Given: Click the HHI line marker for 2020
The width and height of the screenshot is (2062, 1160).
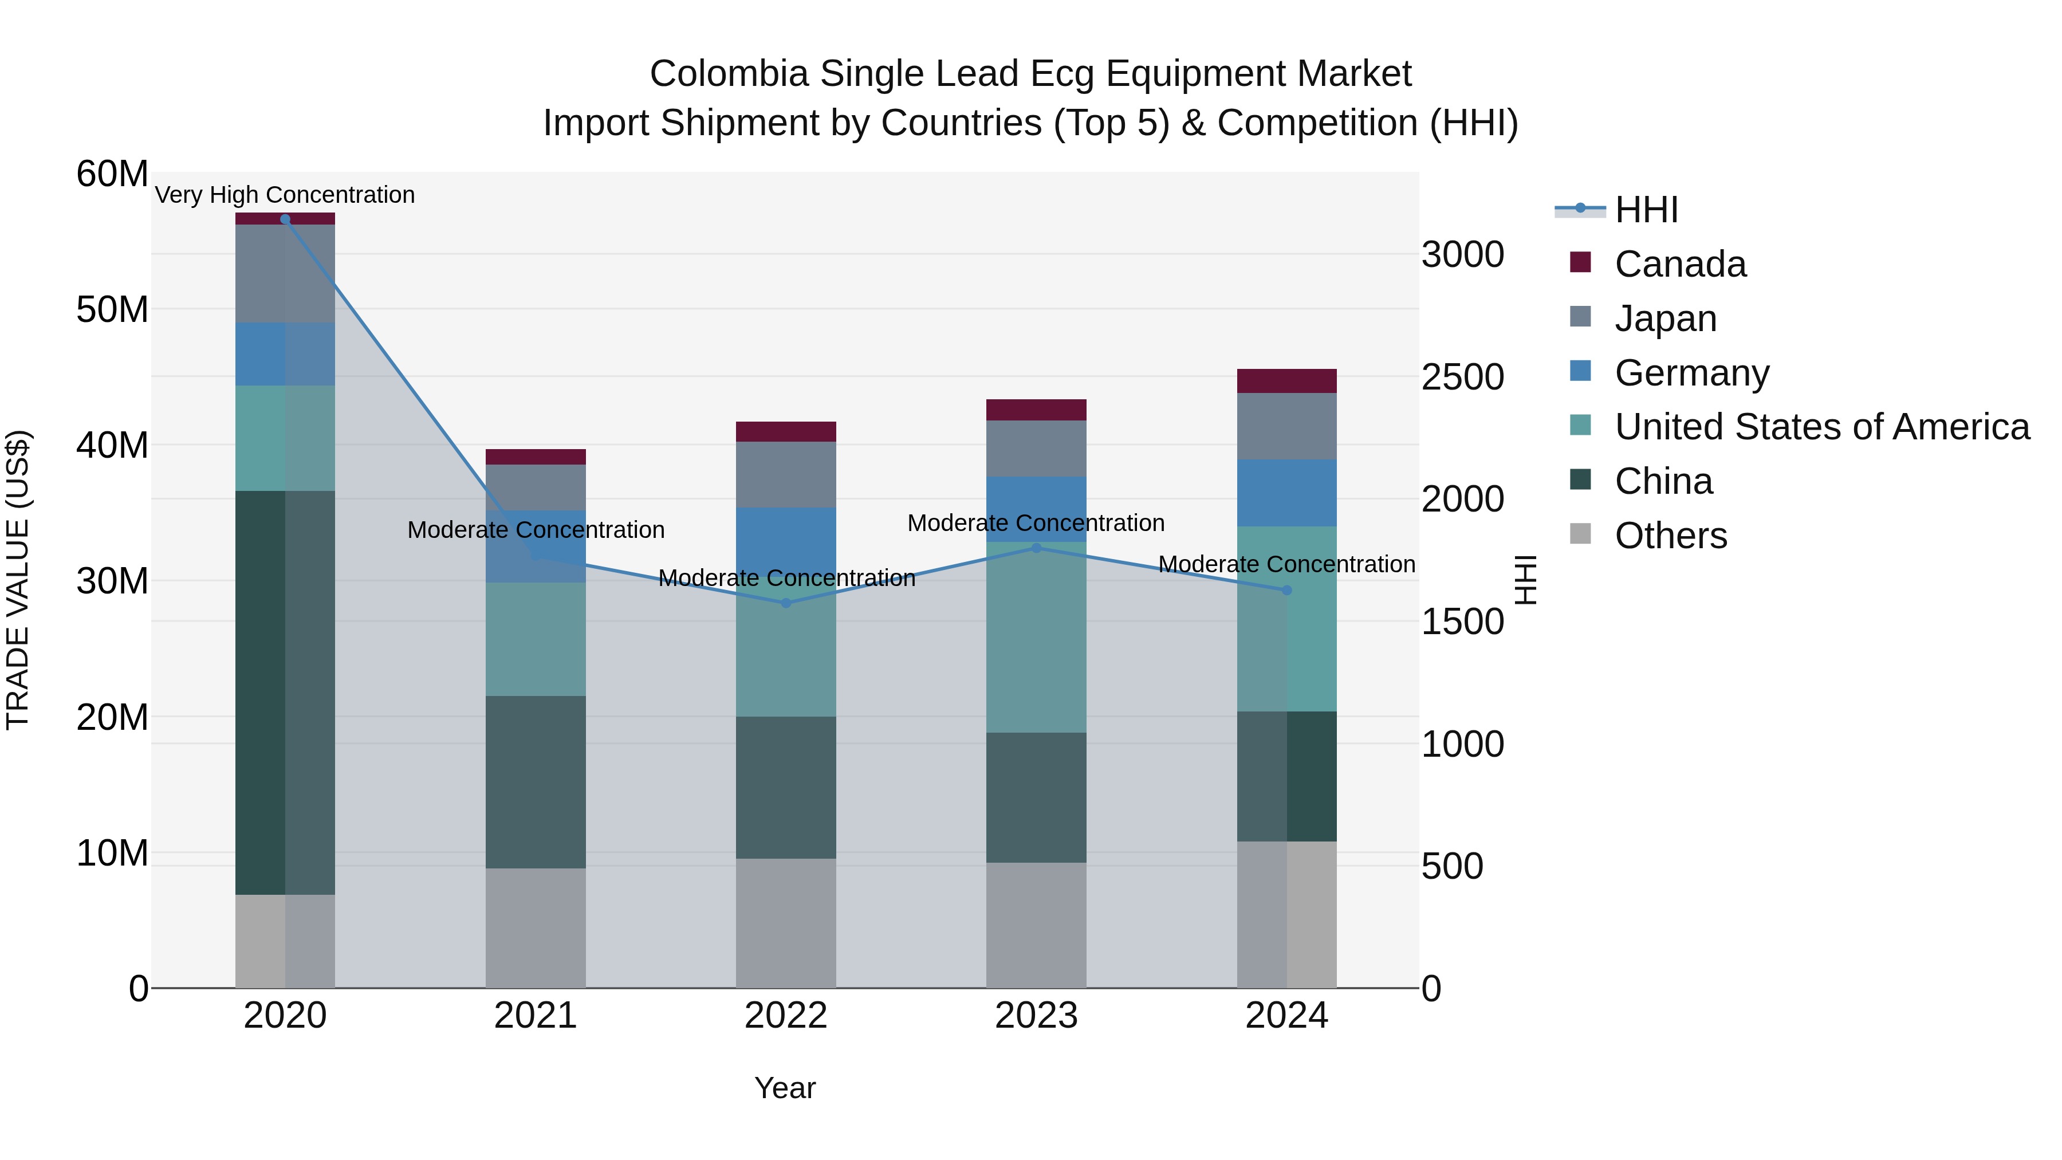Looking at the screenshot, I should (285, 219).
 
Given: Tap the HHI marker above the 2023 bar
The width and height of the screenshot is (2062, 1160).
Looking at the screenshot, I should (1037, 548).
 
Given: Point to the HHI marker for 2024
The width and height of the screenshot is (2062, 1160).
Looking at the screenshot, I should (1287, 591).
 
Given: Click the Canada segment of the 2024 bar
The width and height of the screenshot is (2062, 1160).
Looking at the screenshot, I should (1287, 381).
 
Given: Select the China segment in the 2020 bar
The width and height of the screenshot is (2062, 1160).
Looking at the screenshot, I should (285, 693).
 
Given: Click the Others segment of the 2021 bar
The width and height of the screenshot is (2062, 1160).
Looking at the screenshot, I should (536, 928).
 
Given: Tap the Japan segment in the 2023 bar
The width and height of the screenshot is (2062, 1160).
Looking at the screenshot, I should (1037, 449).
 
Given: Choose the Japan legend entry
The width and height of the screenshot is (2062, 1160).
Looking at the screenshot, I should (1666, 318).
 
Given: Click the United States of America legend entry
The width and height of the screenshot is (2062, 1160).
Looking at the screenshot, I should (1822, 427).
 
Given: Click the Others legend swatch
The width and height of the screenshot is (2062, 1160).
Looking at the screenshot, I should (1580, 534).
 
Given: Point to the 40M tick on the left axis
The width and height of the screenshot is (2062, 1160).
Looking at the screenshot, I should (112, 445).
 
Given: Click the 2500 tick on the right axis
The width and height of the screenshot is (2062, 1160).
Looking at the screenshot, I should (1462, 377).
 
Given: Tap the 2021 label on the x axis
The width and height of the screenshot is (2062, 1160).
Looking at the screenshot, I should (536, 1016).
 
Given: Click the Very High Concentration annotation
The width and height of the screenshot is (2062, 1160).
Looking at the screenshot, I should (285, 195).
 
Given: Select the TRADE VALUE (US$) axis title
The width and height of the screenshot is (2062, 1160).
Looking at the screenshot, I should (18, 580).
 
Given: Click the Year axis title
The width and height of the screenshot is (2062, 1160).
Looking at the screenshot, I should (785, 1088).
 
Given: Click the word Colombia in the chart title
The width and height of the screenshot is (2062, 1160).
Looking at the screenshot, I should (729, 74).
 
